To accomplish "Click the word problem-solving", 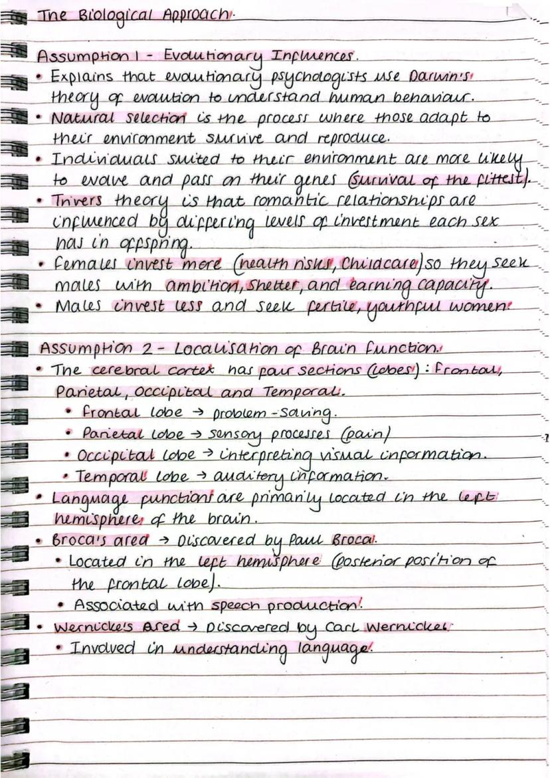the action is click(x=273, y=414).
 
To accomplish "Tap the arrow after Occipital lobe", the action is click(x=207, y=456).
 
